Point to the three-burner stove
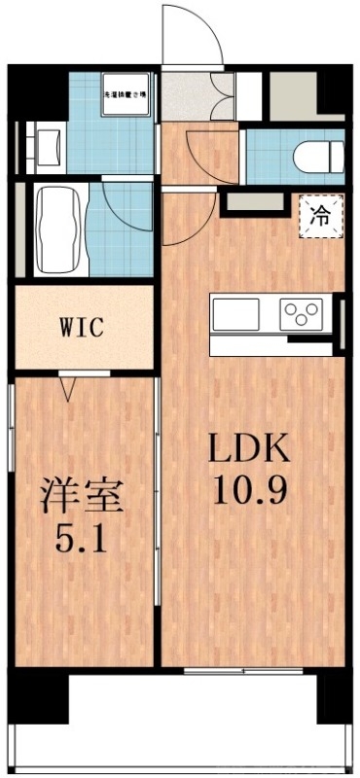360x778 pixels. tap(302, 313)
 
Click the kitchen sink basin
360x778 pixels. tap(235, 314)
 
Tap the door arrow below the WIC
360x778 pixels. tap(68, 390)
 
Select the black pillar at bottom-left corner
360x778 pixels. tap(39, 694)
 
